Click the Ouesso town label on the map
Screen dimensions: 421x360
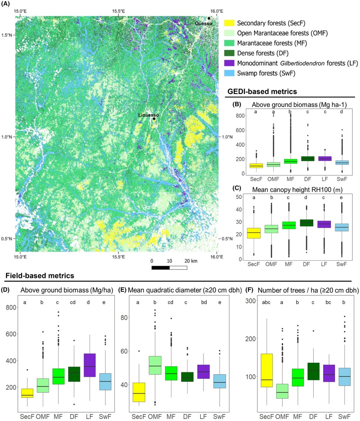[x=204, y=23]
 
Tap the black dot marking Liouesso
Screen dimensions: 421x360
[x=154, y=119]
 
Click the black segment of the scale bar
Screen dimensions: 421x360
[x=161, y=268]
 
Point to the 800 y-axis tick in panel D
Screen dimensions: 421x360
[x=12, y=307]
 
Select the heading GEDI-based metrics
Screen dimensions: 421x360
[x=262, y=92]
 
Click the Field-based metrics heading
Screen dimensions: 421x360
[x=40, y=276]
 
